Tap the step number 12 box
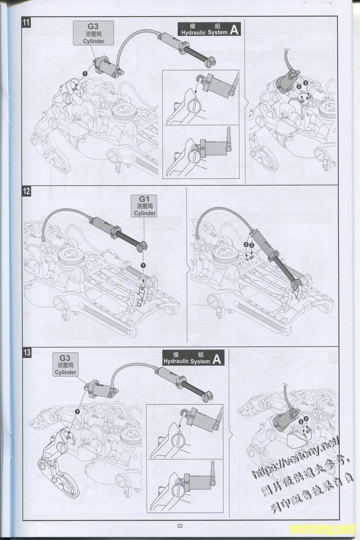27,191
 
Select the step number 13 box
27,352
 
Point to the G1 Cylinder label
144,206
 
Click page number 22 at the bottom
180,525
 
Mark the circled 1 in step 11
85,73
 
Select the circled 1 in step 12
143,266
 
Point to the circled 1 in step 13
77,411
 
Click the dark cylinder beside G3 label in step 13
100,388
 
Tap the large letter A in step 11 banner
234,30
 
